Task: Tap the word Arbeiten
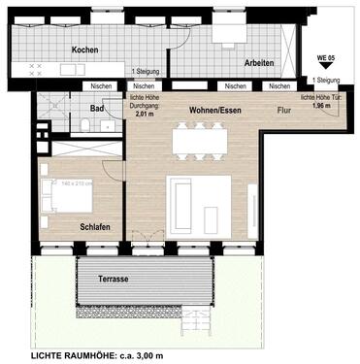tap(232, 63)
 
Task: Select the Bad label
tap(97, 109)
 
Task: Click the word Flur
tap(283, 110)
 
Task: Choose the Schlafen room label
tap(94, 226)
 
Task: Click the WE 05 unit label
tap(326, 59)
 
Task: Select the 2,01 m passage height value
tap(144, 114)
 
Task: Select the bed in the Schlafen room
tap(66, 196)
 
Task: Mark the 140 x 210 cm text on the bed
tap(76, 182)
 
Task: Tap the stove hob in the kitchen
tap(37, 70)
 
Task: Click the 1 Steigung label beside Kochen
tap(145, 73)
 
